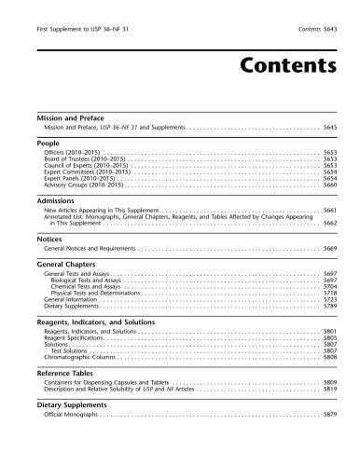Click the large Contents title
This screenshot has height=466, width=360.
coord(279,66)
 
